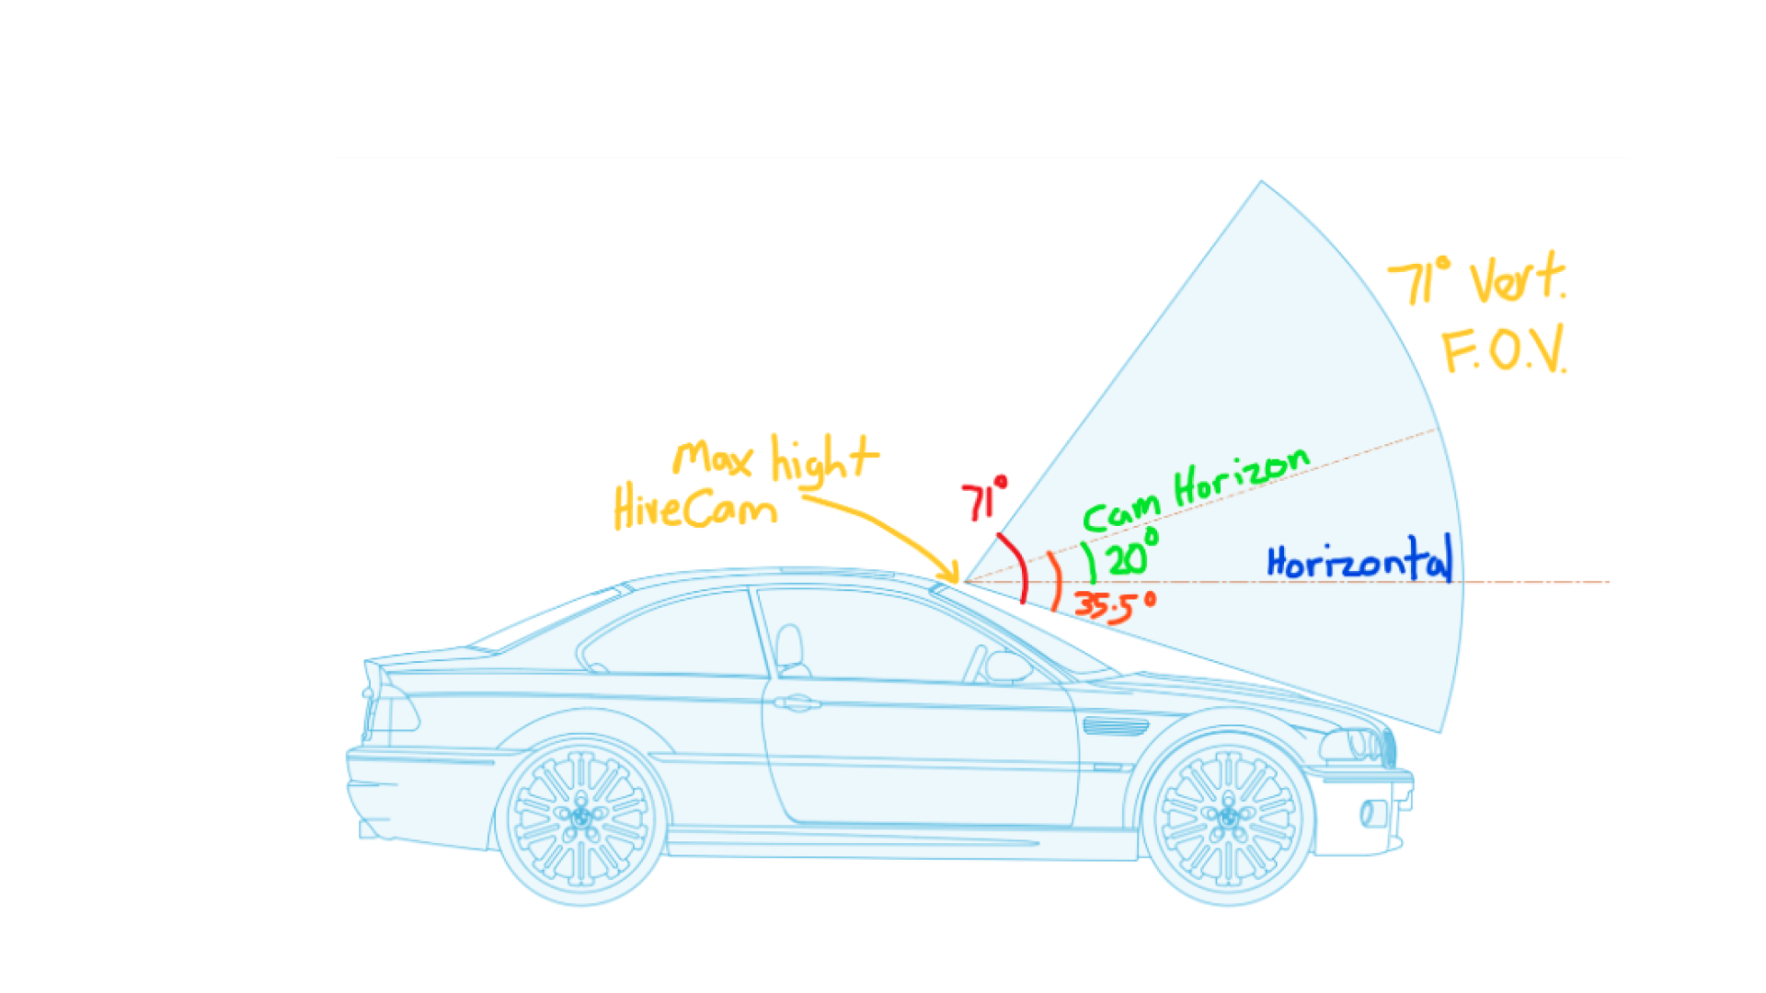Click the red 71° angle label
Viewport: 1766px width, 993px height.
pyautogui.click(x=983, y=501)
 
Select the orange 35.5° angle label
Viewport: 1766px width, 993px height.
pyautogui.click(x=1114, y=605)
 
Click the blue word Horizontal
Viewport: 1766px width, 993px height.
pyautogui.click(x=1359, y=561)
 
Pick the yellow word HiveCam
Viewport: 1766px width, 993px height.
pyautogui.click(x=694, y=508)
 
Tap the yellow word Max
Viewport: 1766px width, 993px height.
pyautogui.click(x=713, y=458)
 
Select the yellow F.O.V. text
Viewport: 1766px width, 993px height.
pyautogui.click(x=1504, y=350)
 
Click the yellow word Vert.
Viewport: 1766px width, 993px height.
pyautogui.click(x=1517, y=278)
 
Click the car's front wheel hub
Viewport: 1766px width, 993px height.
pyautogui.click(x=1228, y=816)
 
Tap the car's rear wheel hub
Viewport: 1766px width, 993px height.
pyautogui.click(x=581, y=816)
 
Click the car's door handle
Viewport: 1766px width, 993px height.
pyautogui.click(x=797, y=703)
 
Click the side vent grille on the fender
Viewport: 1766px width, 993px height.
pyautogui.click(x=1116, y=726)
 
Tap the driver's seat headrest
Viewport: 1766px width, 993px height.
pyautogui.click(x=789, y=644)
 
